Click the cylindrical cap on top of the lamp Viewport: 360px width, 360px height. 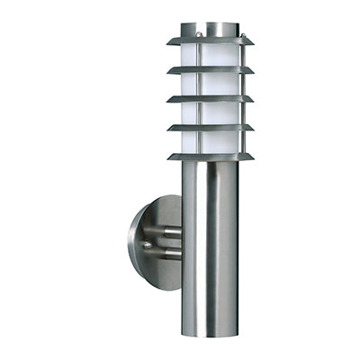point(210,30)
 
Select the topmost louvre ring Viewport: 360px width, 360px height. point(210,41)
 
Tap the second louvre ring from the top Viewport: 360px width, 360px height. point(210,70)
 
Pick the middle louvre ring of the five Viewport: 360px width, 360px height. point(210,99)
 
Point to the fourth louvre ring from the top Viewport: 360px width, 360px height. point(210,128)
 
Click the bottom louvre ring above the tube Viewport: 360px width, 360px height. point(210,157)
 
